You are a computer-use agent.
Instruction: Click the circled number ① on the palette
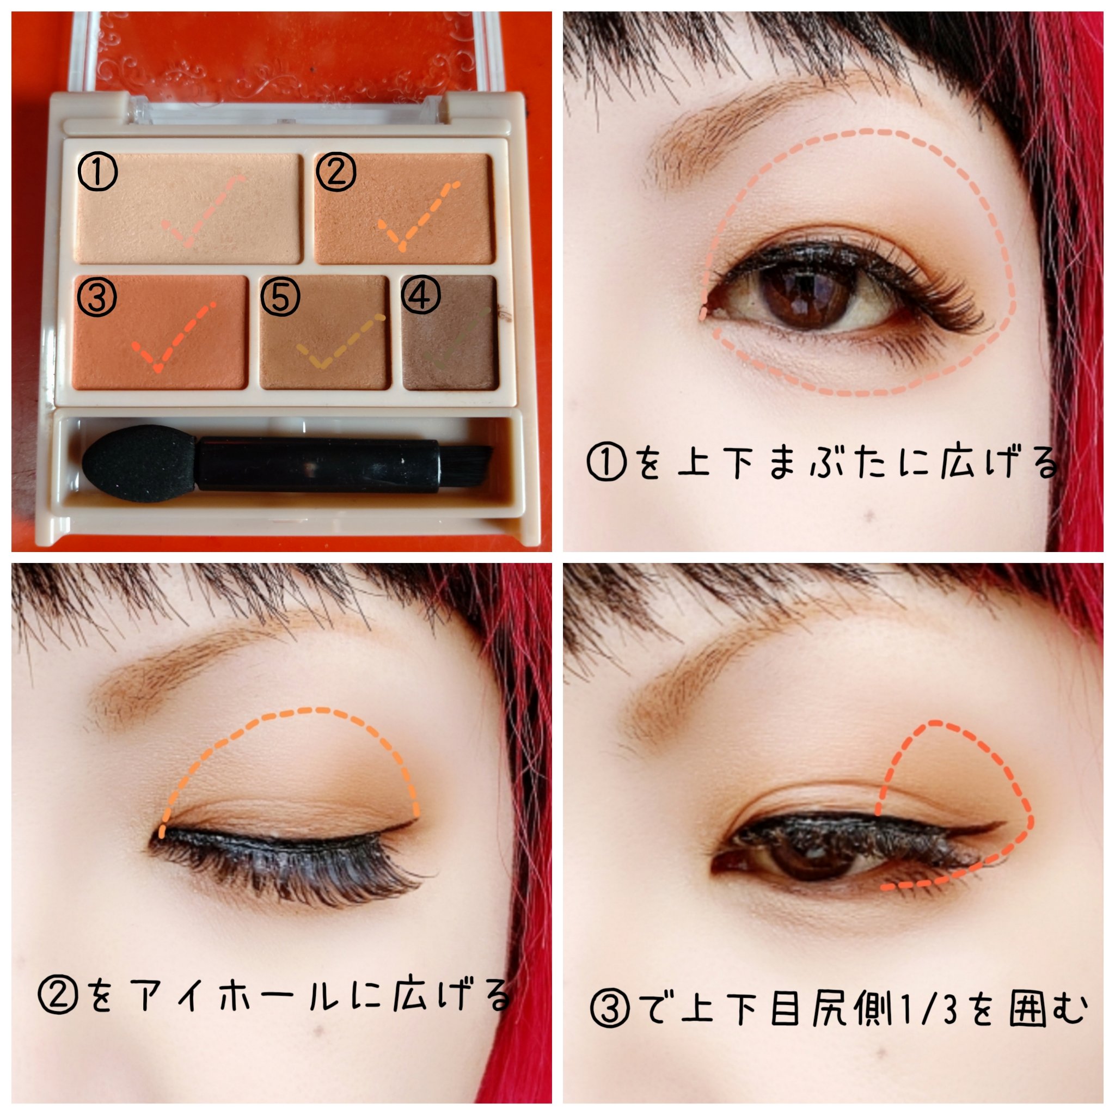(x=97, y=172)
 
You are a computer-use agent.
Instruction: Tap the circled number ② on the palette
(x=335, y=171)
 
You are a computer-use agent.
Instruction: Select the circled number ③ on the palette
(x=97, y=297)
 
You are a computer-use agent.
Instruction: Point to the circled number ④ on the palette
(x=420, y=295)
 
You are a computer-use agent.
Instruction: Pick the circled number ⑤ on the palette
(x=280, y=297)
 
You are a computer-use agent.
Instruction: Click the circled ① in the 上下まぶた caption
(x=606, y=462)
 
